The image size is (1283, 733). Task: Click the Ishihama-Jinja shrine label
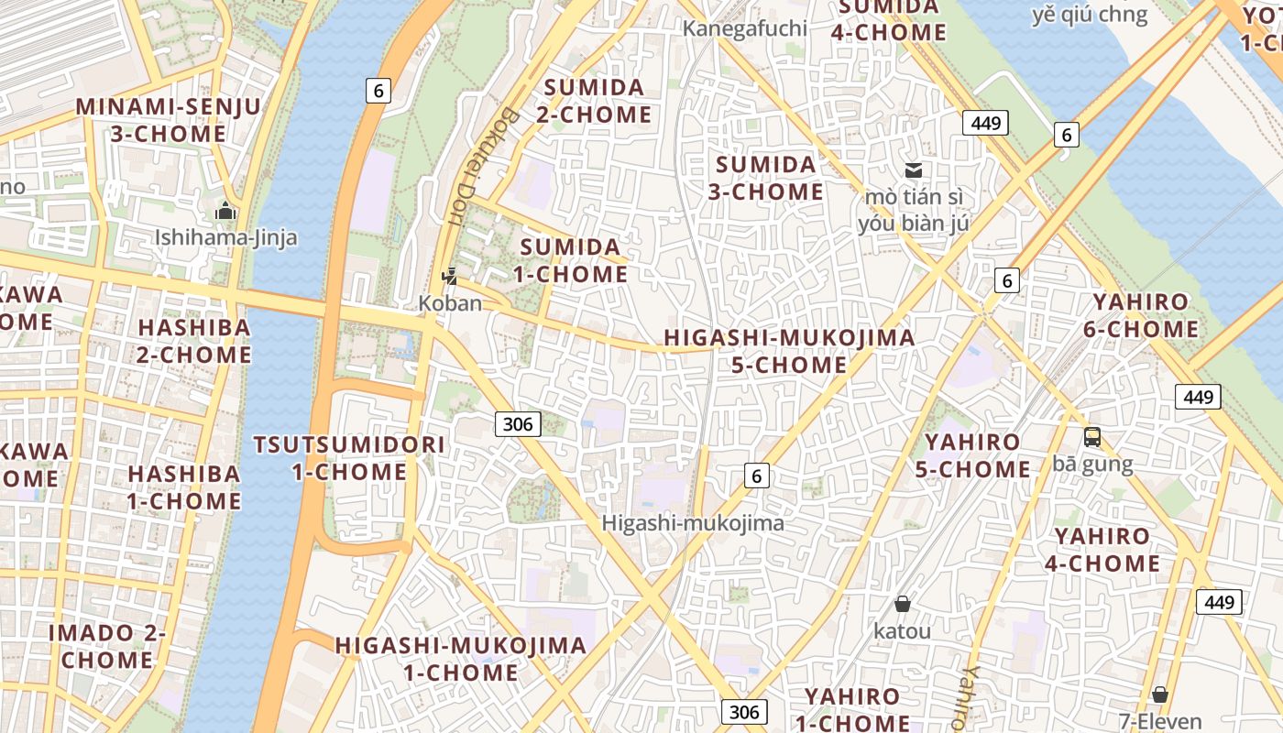pyautogui.click(x=225, y=238)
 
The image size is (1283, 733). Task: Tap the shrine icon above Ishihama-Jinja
pyautogui.click(x=225, y=212)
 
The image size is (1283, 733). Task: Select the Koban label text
pyautogui.click(x=450, y=302)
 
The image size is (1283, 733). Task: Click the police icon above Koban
pyautogui.click(x=449, y=275)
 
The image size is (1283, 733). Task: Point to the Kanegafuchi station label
pyautogui.click(x=745, y=28)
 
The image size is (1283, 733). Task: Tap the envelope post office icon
pyautogui.click(x=914, y=170)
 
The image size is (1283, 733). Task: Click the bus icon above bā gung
pyautogui.click(x=1092, y=437)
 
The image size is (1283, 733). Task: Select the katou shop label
pyautogui.click(x=902, y=631)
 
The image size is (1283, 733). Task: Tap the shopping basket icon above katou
pyautogui.click(x=903, y=604)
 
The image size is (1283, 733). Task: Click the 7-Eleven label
pyautogui.click(x=1160, y=720)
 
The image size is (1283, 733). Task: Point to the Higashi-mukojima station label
pyautogui.click(x=693, y=523)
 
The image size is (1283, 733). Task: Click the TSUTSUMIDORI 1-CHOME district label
pyautogui.click(x=349, y=458)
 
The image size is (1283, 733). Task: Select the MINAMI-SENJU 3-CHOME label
pyautogui.click(x=169, y=120)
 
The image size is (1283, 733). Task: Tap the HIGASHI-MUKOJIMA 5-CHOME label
pyautogui.click(x=789, y=351)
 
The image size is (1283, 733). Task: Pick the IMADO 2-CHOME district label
pyautogui.click(x=107, y=646)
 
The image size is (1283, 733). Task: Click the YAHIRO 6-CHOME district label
pyautogui.click(x=1146, y=315)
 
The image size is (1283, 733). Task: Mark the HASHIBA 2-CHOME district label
pyautogui.click(x=194, y=341)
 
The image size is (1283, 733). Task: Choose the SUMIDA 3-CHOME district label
pyautogui.click(x=766, y=178)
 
